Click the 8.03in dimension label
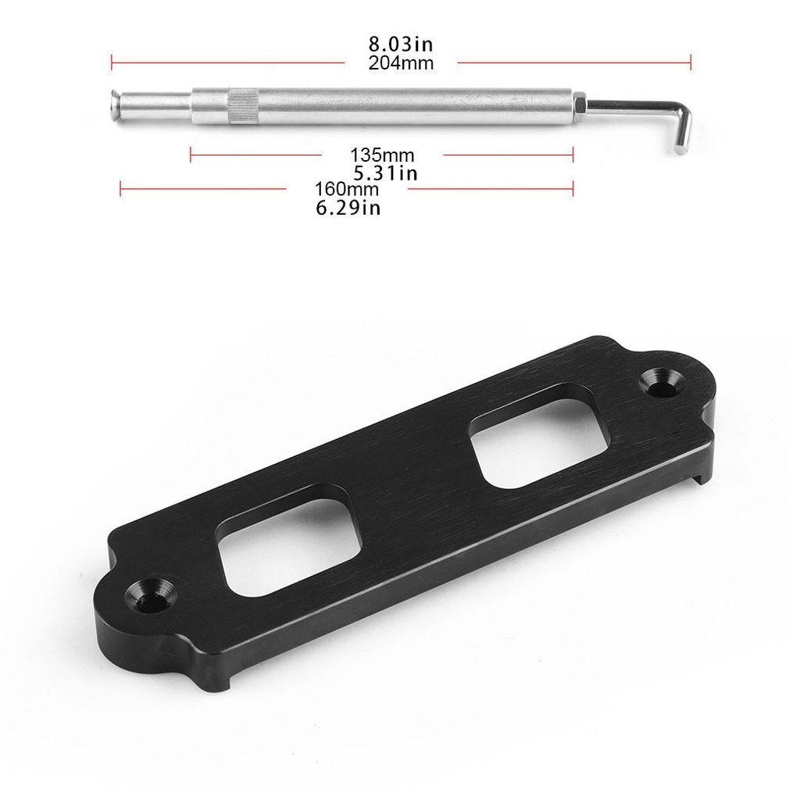pyautogui.click(x=401, y=45)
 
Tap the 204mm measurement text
pyautogui.click(x=401, y=63)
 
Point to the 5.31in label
pyautogui.click(x=384, y=173)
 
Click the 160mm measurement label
pyautogui.click(x=347, y=189)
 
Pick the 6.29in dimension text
pyautogui.click(x=348, y=208)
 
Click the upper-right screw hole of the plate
pyautogui.click(x=662, y=380)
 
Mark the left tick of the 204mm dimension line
pyautogui.click(x=112, y=62)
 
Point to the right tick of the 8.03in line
pyautogui.click(x=691, y=62)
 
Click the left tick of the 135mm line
pyautogui.click(x=191, y=155)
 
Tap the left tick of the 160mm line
pyautogui.click(x=120, y=188)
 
